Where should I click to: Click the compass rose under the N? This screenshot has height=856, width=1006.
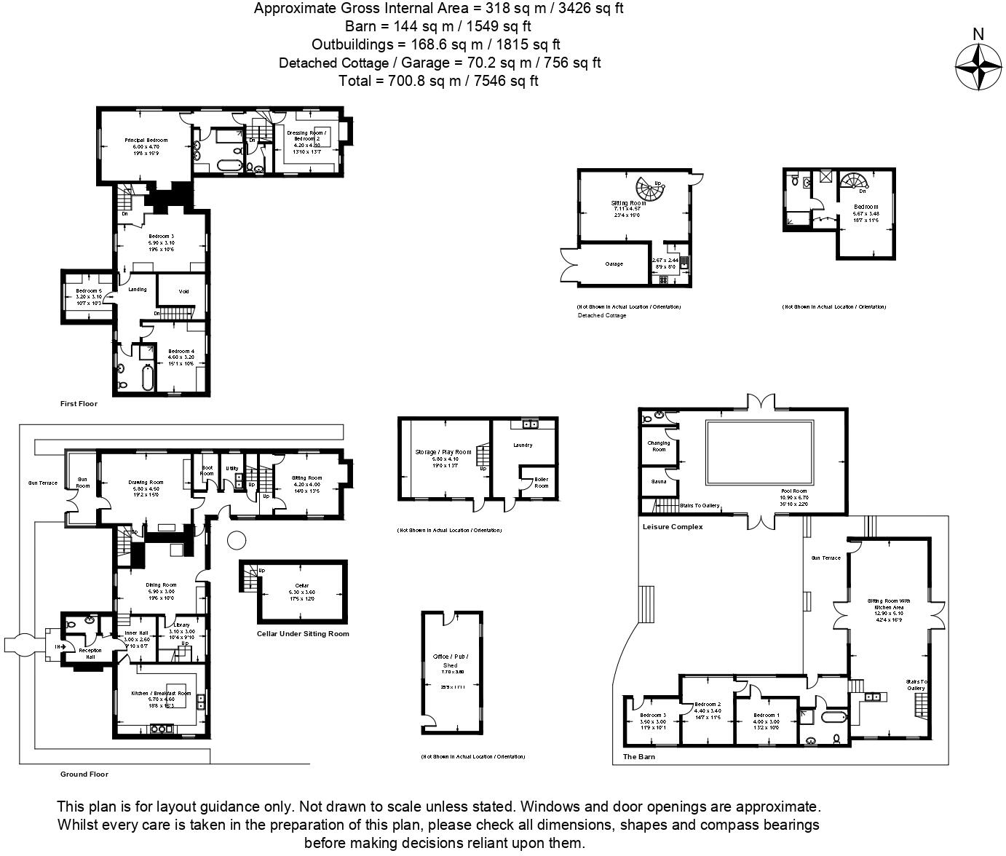coord(978,67)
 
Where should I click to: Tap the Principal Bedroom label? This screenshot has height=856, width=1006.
coord(146,140)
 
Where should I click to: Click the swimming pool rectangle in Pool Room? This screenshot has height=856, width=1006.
coord(759,453)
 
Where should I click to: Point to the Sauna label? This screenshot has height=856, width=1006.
coord(658,482)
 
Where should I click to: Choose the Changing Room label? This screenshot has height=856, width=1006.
coord(658,446)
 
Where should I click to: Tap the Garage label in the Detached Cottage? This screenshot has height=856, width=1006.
coord(614,264)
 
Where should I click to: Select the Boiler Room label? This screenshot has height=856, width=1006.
coord(541,482)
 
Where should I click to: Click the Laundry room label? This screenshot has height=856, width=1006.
coord(523,445)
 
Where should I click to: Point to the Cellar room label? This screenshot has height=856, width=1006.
coord(301,585)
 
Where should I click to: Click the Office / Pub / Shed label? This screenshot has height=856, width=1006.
coord(451,661)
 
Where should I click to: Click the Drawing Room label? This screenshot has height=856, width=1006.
coord(146,483)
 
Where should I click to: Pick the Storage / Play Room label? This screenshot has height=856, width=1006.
coord(437,453)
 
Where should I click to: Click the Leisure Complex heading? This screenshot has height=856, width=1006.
coord(673,526)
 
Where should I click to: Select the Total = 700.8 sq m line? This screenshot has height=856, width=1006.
coord(438,81)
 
